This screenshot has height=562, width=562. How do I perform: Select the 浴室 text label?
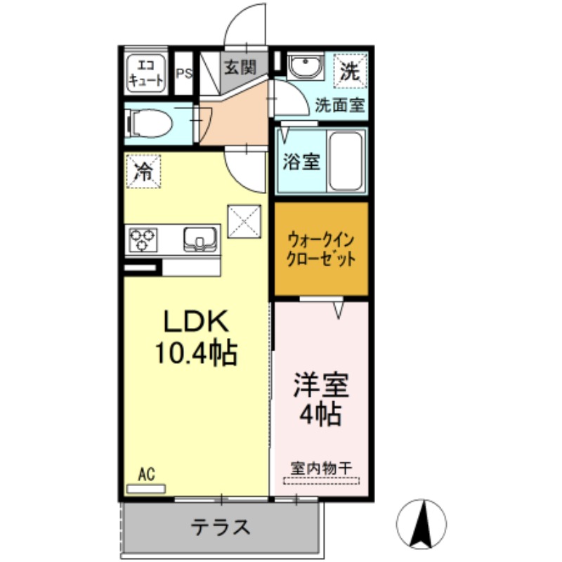coord(301,161)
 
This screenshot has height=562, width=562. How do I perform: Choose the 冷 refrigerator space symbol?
coord(143,171)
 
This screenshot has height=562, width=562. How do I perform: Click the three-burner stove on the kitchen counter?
coord(143,240)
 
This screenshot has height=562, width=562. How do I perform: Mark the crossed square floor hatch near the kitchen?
coord(244,221)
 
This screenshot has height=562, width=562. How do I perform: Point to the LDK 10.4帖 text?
coord(197,337)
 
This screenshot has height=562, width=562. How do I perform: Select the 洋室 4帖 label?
coord(321,398)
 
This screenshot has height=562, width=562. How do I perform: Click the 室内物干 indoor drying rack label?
coord(321,467)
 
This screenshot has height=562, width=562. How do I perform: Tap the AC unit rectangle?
coord(145,488)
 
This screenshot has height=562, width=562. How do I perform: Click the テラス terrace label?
coord(221,526)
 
